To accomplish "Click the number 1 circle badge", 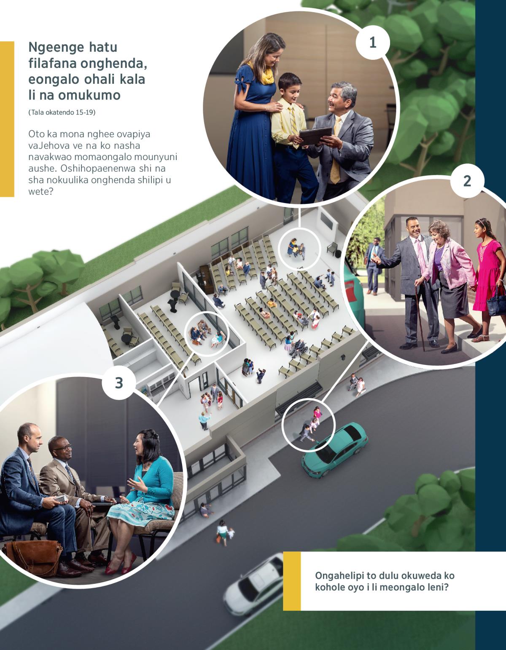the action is click(373, 43).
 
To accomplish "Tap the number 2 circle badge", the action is click(467, 181).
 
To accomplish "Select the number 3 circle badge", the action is click(119, 383).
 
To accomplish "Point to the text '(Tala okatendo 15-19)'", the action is click(62, 112).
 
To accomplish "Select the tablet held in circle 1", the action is click(315, 136).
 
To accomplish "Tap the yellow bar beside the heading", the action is click(7, 119).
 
